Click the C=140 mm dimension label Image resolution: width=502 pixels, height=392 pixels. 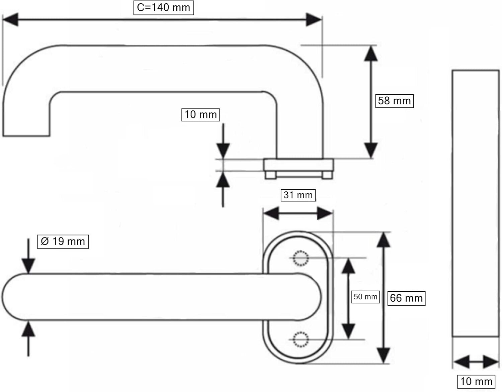click(x=164, y=8)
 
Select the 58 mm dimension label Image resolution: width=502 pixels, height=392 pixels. click(x=394, y=101)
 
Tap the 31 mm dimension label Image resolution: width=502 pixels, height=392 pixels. click(x=298, y=195)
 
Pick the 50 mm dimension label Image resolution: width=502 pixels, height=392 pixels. click(x=365, y=297)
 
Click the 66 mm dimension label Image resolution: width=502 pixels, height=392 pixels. click(x=406, y=298)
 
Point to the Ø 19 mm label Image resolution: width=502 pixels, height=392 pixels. click(x=63, y=241)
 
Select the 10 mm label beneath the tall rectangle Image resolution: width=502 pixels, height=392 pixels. click(x=476, y=382)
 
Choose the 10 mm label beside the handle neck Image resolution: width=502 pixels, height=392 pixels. click(x=200, y=115)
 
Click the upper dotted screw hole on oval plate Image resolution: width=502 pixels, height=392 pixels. click(x=301, y=258)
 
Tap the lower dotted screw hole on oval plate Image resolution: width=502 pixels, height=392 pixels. click(x=301, y=339)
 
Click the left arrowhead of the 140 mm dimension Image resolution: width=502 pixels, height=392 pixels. click(x=10, y=20)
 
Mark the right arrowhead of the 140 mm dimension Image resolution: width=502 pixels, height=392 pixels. click(x=314, y=20)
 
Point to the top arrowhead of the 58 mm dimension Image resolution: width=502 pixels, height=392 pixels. click(x=371, y=54)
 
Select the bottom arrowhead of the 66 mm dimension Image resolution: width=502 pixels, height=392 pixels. click(x=384, y=356)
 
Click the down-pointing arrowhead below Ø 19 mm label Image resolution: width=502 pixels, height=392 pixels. click(x=28, y=266)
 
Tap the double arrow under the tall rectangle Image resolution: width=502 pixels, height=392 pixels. click(x=476, y=362)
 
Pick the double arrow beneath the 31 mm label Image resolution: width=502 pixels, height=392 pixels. click(x=298, y=213)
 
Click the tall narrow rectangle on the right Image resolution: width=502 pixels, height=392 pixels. click(x=476, y=203)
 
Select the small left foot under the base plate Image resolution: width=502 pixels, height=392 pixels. click(x=270, y=175)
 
